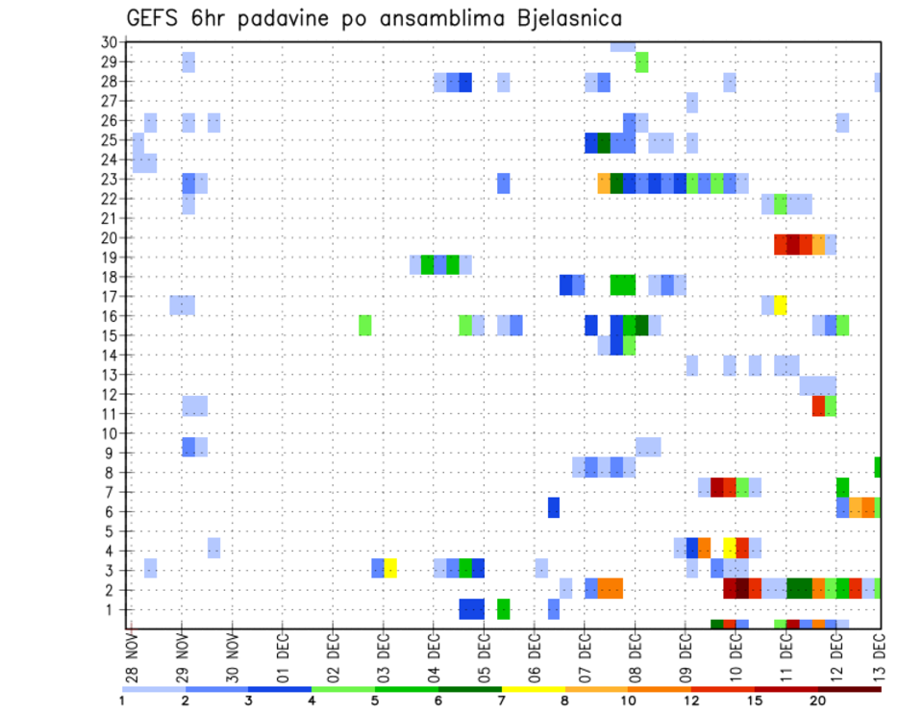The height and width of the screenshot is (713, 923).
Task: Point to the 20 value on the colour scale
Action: point(818,701)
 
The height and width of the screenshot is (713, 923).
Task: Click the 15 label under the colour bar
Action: point(755,701)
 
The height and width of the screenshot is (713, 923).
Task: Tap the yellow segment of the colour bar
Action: point(534,689)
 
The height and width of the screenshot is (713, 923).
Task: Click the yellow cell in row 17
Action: point(781,305)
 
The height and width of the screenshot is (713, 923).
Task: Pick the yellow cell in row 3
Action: point(390,568)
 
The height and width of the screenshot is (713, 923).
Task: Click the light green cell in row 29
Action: point(641,62)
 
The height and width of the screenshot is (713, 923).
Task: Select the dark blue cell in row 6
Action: point(554,506)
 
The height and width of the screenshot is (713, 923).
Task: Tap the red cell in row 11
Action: point(818,406)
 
